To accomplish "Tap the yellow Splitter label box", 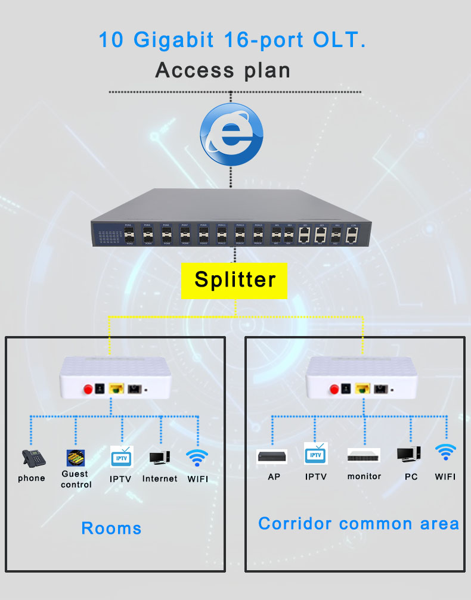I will [234, 280].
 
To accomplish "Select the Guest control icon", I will [76, 458].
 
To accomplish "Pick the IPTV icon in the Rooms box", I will [122, 457].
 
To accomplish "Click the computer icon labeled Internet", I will [160, 458].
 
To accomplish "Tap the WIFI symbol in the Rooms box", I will [197, 458].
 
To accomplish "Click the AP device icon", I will [272, 457].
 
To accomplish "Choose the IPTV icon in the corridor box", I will [316, 454].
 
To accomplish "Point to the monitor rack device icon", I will [364, 456].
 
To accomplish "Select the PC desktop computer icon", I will [409, 455].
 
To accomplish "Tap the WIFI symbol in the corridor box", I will [445, 453].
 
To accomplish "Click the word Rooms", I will [111, 529].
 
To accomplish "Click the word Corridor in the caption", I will [295, 524].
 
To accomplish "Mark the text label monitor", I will [364, 477].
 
